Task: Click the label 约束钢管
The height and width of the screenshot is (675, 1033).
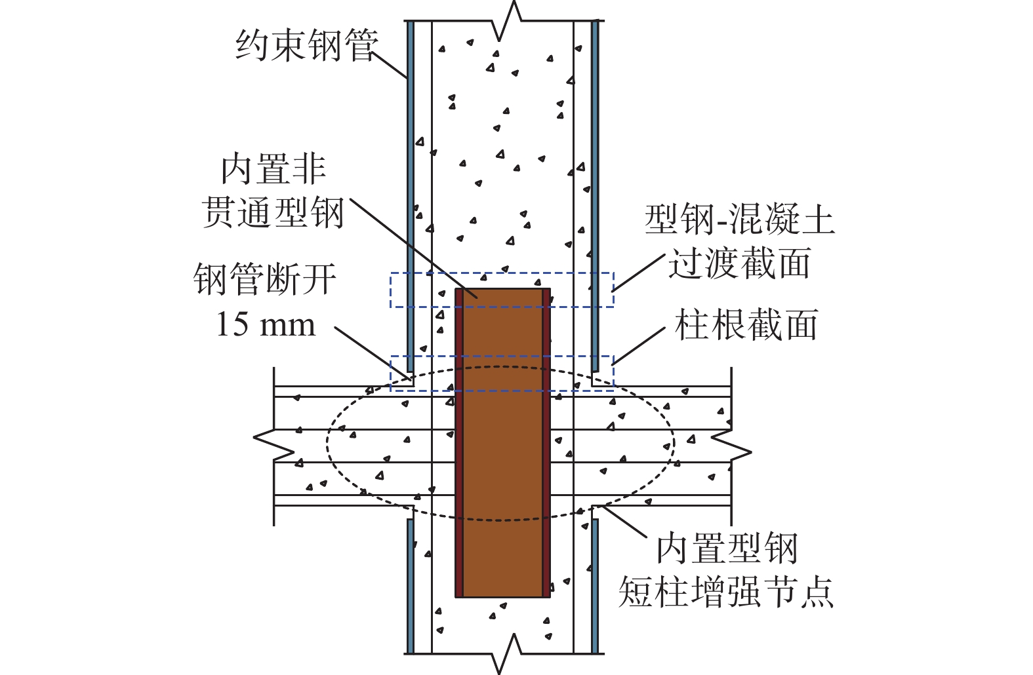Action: (307, 47)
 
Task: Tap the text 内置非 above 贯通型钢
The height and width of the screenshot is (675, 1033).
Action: (273, 170)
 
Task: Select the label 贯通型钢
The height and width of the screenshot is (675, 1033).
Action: (273, 214)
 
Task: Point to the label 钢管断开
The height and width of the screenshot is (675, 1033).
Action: (266, 280)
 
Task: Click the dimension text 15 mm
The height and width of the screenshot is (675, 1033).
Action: (266, 324)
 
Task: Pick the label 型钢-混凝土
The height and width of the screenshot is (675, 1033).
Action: (740, 220)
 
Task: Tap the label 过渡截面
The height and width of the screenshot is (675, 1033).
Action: (740, 263)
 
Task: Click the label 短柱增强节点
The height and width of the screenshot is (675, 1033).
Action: (726, 592)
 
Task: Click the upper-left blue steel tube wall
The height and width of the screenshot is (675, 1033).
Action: (410, 197)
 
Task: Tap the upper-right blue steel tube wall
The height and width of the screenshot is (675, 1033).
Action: (596, 197)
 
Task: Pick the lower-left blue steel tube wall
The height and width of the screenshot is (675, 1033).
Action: (410, 587)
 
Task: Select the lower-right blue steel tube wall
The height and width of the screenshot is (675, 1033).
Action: (596, 587)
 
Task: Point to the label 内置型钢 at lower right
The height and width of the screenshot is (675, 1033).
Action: (727, 549)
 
